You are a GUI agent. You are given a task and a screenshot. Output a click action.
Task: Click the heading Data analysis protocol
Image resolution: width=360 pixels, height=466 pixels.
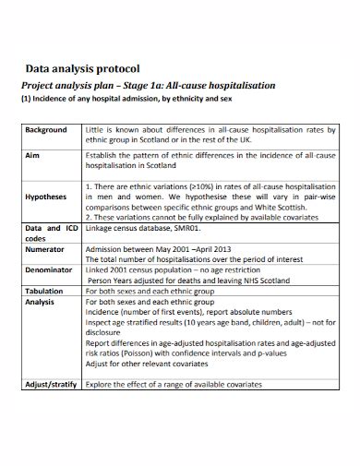(x=81, y=68)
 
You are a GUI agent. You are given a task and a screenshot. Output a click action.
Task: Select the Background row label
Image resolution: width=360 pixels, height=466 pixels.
(x=46, y=130)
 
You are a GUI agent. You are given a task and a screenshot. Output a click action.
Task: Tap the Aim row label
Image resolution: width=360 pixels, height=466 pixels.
(x=32, y=157)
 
